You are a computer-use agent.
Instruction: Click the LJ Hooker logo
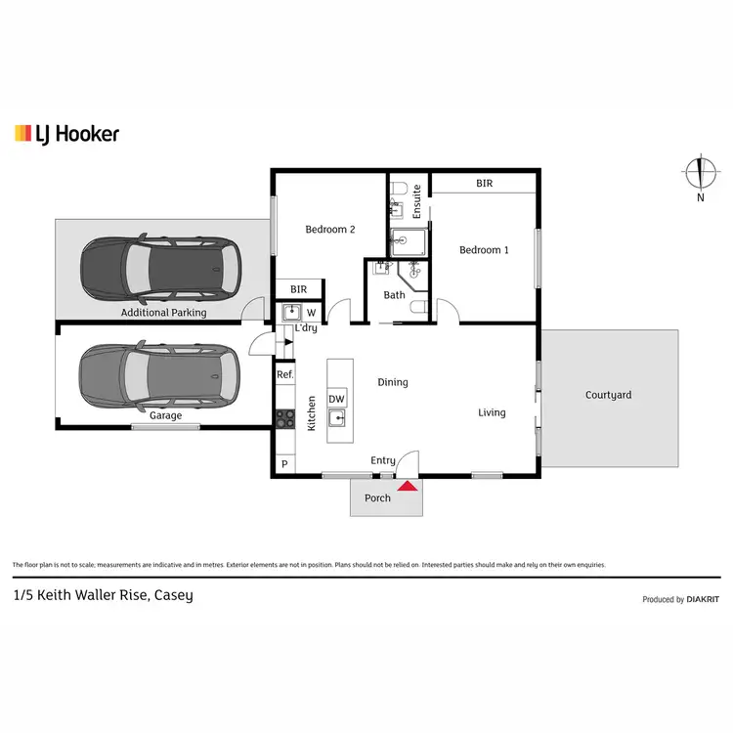pyautogui.click(x=66, y=133)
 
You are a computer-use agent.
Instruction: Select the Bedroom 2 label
pyautogui.click(x=329, y=230)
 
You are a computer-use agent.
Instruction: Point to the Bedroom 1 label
pyautogui.click(x=484, y=250)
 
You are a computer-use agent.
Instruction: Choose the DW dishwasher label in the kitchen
pyautogui.click(x=336, y=399)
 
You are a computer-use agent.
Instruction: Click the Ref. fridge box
pyautogui.click(x=284, y=374)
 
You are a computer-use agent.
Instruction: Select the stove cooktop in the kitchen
pyautogui.click(x=284, y=418)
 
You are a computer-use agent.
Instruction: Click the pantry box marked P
pyautogui.click(x=284, y=465)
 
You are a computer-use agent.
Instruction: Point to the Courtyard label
pyautogui.click(x=608, y=395)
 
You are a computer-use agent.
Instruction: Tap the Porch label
pyautogui.click(x=377, y=498)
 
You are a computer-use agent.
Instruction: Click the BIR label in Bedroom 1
pyautogui.click(x=484, y=183)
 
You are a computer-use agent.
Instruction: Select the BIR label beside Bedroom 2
pyautogui.click(x=298, y=289)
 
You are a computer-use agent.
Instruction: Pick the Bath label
pyautogui.click(x=394, y=295)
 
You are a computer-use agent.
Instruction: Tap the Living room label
pyautogui.click(x=492, y=412)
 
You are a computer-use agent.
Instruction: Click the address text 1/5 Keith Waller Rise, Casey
pyautogui.click(x=103, y=595)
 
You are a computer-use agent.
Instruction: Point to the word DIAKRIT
pyautogui.click(x=704, y=600)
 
